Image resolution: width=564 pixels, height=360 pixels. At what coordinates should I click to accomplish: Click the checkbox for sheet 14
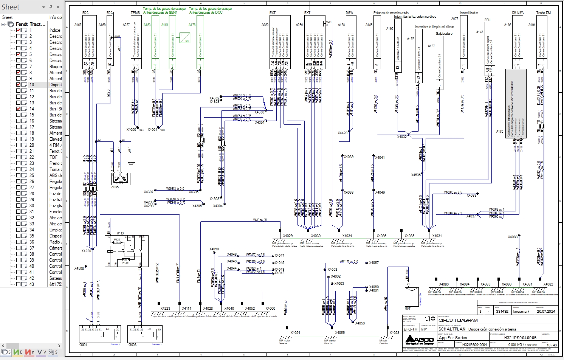(19, 109)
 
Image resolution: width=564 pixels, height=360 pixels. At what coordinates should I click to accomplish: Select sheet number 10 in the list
(32, 85)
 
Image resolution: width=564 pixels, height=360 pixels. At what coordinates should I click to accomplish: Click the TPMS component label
(135, 13)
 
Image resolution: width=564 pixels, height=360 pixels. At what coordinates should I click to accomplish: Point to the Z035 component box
(121, 178)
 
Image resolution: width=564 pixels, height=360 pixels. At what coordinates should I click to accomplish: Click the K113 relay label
(120, 233)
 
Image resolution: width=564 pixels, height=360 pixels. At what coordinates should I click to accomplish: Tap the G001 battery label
(83, 345)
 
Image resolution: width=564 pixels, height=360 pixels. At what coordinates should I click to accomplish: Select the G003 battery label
(132, 345)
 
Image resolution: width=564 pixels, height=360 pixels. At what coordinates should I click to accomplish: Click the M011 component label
(408, 309)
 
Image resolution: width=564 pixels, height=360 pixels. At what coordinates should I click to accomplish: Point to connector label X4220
(86, 251)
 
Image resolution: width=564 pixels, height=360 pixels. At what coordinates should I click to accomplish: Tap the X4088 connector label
(513, 237)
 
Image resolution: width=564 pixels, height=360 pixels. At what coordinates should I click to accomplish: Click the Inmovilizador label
(469, 13)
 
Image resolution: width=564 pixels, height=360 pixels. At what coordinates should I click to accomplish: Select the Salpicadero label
(444, 34)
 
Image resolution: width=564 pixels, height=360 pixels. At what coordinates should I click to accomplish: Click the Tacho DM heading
(543, 13)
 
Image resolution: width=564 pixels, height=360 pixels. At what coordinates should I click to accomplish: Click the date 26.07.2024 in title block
(546, 312)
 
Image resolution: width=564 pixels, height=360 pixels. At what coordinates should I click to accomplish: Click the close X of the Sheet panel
(58, 7)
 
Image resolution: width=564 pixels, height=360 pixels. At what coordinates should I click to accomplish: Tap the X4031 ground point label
(437, 236)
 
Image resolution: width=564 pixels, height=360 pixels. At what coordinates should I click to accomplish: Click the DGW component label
(349, 13)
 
